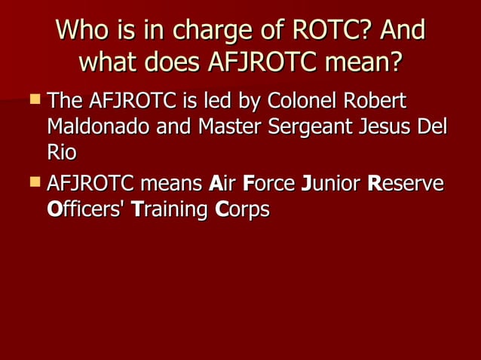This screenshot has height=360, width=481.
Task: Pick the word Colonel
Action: click(302, 100)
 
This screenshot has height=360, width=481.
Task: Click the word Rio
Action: click(61, 153)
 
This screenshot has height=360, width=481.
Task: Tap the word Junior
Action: click(331, 183)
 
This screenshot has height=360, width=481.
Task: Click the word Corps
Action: click(242, 209)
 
